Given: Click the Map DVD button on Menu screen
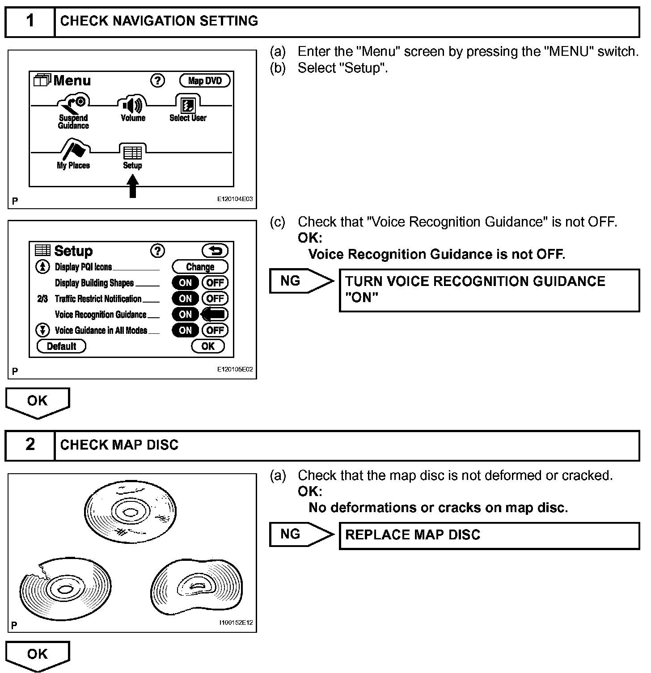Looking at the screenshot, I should [x=205, y=81].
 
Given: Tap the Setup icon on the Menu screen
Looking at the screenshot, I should [x=132, y=153].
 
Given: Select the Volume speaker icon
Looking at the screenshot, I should [x=133, y=105].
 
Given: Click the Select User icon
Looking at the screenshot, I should [x=188, y=105].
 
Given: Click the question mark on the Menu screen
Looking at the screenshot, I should [x=157, y=80].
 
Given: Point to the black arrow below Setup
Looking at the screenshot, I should [x=132, y=185].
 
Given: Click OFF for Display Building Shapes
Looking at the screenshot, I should [x=215, y=283].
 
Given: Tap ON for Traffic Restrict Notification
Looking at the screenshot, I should [x=185, y=299].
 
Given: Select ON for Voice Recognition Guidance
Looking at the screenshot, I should [x=185, y=315].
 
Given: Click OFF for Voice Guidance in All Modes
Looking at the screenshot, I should [x=215, y=331].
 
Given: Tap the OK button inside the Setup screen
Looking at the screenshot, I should [x=208, y=346].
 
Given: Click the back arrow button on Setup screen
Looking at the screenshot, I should [x=215, y=251].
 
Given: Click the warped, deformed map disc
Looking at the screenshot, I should [x=197, y=586].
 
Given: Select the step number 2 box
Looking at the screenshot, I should [x=30, y=445].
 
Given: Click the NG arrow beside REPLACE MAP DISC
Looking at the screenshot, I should [x=301, y=534].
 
